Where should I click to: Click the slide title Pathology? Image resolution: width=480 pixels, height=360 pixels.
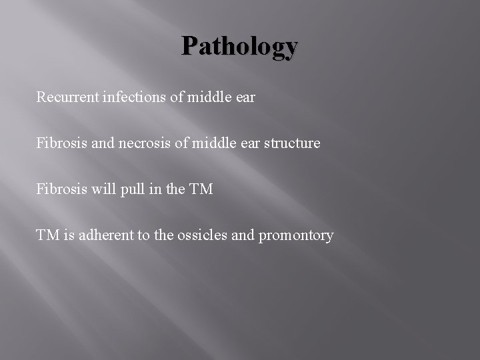240,46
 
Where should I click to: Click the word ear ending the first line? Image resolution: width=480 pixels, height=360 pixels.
244,98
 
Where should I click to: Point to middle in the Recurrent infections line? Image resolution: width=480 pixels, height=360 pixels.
207,97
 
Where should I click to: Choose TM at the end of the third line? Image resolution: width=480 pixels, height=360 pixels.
201,189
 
